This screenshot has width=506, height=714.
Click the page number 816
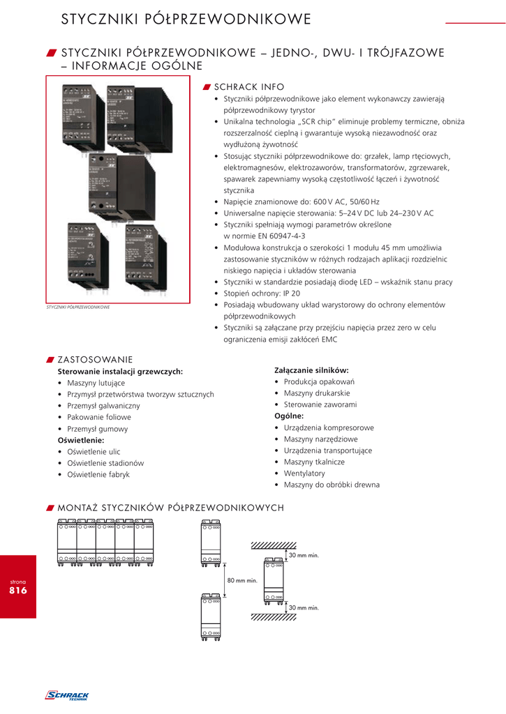tap(17, 591)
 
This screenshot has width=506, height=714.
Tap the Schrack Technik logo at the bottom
tap(67, 695)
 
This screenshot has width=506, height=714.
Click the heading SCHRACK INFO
tap(248, 87)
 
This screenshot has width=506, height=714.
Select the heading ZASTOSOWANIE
tap(94, 360)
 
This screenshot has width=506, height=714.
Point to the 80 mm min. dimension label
tap(242, 580)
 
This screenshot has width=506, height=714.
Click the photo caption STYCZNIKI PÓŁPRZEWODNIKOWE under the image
tap(78, 307)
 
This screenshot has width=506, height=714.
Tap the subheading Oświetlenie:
tap(80, 440)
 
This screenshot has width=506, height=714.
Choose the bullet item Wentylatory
tap(304, 473)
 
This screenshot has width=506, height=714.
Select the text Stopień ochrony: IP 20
tap(262, 294)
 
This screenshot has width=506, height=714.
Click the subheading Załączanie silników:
tap(311, 370)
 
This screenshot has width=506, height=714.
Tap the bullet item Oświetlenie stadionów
tap(105, 463)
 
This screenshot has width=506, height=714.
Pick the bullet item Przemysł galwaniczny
tap(103, 405)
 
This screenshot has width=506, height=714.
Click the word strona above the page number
tap(17, 580)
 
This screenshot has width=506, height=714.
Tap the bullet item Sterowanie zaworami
tap(320, 404)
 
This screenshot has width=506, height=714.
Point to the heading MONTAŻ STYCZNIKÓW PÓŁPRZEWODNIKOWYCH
tap(170, 508)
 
